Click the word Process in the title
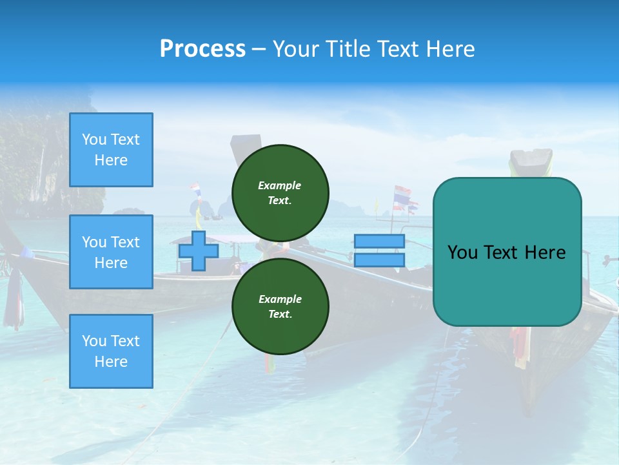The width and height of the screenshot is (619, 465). (x=202, y=49)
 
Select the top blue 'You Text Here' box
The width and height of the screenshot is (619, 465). (x=111, y=150)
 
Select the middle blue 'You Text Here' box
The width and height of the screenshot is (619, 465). (x=111, y=252)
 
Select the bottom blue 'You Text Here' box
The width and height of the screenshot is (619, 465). (x=111, y=351)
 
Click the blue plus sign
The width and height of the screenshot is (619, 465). (x=199, y=251)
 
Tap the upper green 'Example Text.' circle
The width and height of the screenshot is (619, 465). (x=280, y=193)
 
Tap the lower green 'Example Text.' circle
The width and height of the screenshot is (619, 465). (x=280, y=307)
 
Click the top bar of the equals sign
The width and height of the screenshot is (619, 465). (x=379, y=242)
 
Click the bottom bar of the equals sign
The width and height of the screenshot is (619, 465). (x=379, y=260)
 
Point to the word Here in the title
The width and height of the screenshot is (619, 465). (x=449, y=49)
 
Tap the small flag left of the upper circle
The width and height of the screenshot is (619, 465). (x=195, y=190)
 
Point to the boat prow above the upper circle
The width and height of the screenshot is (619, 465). (x=246, y=142)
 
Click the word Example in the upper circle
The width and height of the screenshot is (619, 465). (x=280, y=185)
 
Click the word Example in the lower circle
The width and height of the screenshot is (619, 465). (x=280, y=299)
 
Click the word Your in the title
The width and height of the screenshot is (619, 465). (x=297, y=49)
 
